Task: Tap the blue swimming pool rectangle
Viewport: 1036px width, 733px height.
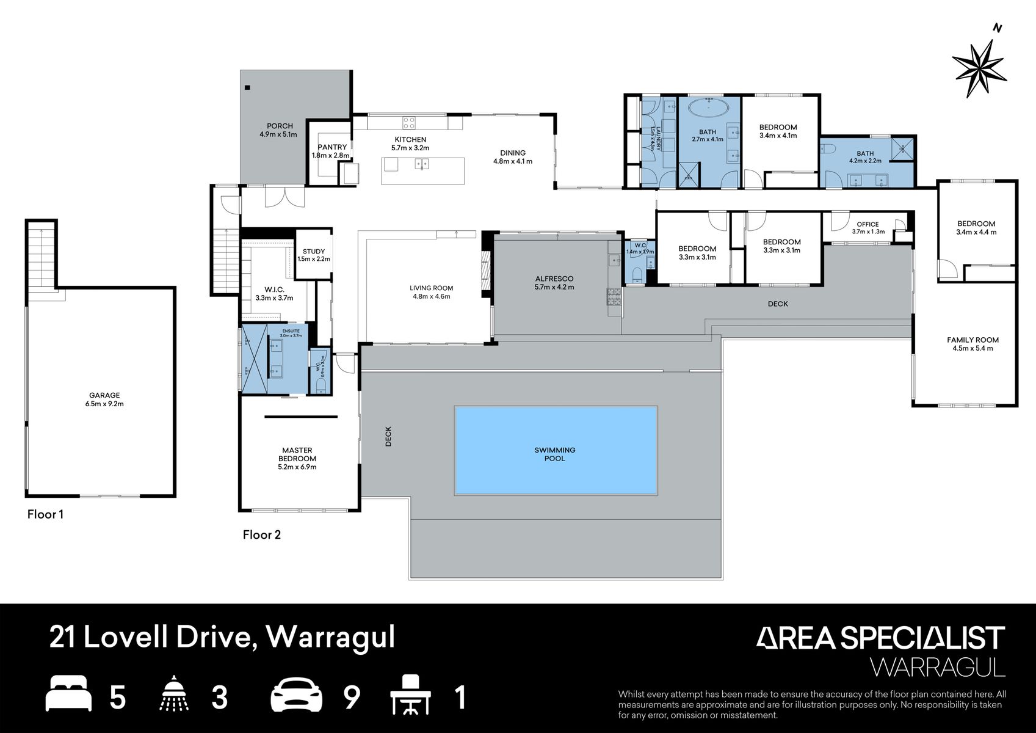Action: tap(556, 450)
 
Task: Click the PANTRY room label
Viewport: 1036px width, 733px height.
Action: tap(332, 147)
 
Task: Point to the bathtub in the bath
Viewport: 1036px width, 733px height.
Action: tap(708, 109)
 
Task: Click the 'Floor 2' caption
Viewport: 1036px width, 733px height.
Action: tap(261, 535)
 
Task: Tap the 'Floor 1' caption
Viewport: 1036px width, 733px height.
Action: tap(45, 514)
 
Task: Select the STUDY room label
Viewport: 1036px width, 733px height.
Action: tap(314, 251)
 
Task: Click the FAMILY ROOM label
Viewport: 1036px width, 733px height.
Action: tap(973, 340)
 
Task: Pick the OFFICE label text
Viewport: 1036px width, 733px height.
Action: tap(868, 224)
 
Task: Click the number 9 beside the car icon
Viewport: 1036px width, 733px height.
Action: tap(352, 698)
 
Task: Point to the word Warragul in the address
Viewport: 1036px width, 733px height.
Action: tap(331, 636)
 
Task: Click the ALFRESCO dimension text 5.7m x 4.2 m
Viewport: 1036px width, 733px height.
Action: tap(554, 287)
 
